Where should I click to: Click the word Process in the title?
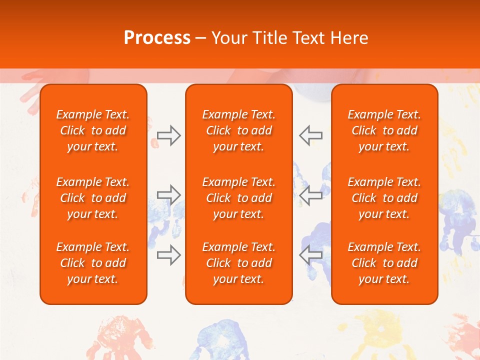157,38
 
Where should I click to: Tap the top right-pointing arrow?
168,135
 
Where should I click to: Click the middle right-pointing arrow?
168,195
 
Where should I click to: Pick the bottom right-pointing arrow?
168,255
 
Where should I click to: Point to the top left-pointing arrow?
310,135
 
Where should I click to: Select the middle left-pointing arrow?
310,195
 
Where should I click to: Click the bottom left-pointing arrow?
310,255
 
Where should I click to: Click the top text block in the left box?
93,130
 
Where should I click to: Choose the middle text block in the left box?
93,198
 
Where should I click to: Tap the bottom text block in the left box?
93,263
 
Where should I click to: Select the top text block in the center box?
239,130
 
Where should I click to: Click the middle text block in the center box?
239,198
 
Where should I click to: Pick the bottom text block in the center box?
239,263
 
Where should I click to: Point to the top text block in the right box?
384,130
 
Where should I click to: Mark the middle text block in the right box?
384,198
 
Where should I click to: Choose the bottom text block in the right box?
384,263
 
